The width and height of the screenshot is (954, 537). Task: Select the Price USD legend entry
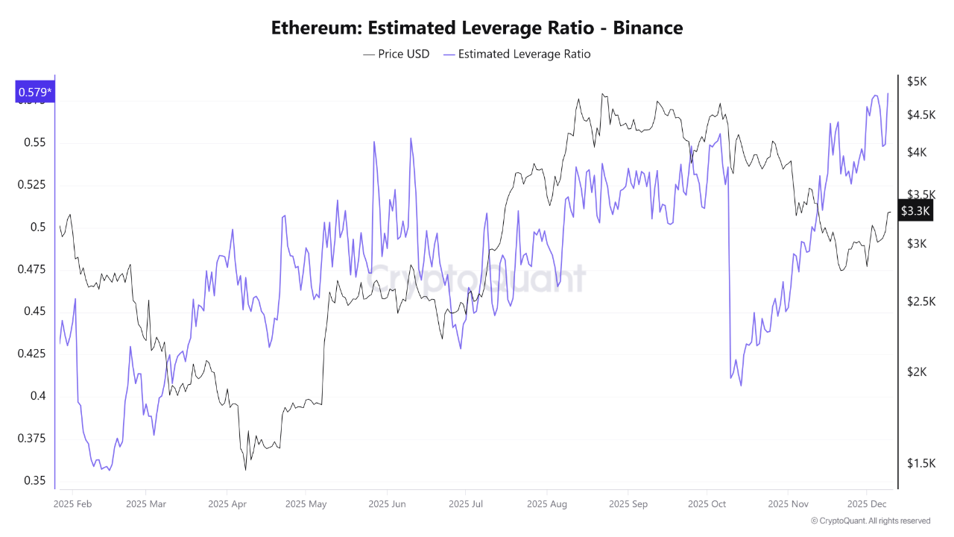[397, 54]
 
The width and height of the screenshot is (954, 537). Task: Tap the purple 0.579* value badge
[34, 92]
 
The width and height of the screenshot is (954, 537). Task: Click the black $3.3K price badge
[915, 211]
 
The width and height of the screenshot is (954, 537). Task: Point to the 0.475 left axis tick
[31, 269]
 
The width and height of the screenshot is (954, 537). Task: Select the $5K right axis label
[917, 81]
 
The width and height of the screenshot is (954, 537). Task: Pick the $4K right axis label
[917, 152]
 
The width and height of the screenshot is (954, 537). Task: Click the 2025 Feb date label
[72, 504]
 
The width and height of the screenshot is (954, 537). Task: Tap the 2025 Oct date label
[707, 504]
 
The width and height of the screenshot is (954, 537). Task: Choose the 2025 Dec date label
[867, 504]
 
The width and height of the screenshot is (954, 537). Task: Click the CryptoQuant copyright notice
[871, 521]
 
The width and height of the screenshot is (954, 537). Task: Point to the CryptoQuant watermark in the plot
[477, 279]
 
